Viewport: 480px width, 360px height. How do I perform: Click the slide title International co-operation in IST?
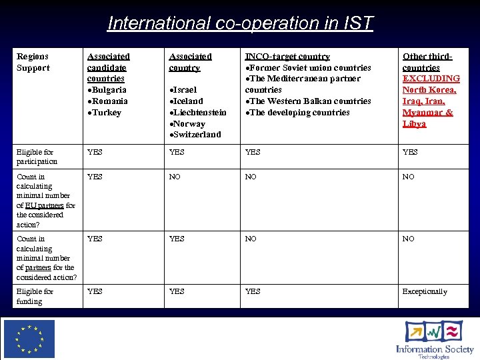[240, 23]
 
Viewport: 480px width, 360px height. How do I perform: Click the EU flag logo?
[29, 339]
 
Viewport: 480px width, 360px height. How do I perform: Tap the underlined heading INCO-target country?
[287, 57]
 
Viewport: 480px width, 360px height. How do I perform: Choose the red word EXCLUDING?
[431, 79]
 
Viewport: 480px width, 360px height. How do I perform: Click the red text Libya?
[414, 124]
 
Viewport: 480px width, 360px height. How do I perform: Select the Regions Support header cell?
[33, 62]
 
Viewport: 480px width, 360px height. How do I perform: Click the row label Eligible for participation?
[37, 157]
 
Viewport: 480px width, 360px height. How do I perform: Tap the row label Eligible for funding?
[35, 296]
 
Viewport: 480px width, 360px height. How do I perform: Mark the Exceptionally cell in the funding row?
[425, 291]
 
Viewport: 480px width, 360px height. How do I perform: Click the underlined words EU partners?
[44, 205]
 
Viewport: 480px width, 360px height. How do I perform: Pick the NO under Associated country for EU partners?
[175, 177]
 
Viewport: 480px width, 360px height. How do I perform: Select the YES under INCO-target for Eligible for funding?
[253, 291]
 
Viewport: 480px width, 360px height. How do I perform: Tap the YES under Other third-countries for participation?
[410, 152]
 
